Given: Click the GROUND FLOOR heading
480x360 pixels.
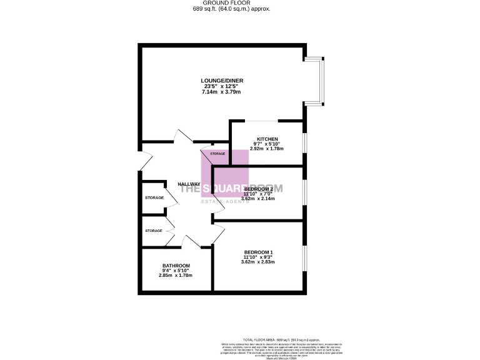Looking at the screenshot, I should pos(221,2).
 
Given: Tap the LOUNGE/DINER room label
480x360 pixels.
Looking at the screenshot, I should pos(221,81).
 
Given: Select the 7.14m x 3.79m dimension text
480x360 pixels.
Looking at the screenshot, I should pos(221,92).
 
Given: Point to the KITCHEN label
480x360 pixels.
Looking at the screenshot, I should pos(267,139).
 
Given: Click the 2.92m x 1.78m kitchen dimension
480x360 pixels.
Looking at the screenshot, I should pos(267,149).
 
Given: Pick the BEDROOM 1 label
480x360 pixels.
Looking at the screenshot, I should pos(258,252).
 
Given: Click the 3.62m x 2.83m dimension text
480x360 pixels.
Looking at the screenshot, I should pos(258,262).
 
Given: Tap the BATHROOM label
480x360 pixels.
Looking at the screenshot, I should pos(176,266).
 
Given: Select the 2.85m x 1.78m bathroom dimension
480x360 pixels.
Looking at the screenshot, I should pos(176,276).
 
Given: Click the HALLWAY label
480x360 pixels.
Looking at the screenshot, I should pos(189,184).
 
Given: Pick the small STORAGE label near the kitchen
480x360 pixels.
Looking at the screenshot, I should pos(217,154).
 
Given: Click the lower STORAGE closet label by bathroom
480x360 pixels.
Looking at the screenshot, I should pos(154,231).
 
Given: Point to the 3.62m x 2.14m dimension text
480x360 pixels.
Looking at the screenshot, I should pos(258,199).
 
